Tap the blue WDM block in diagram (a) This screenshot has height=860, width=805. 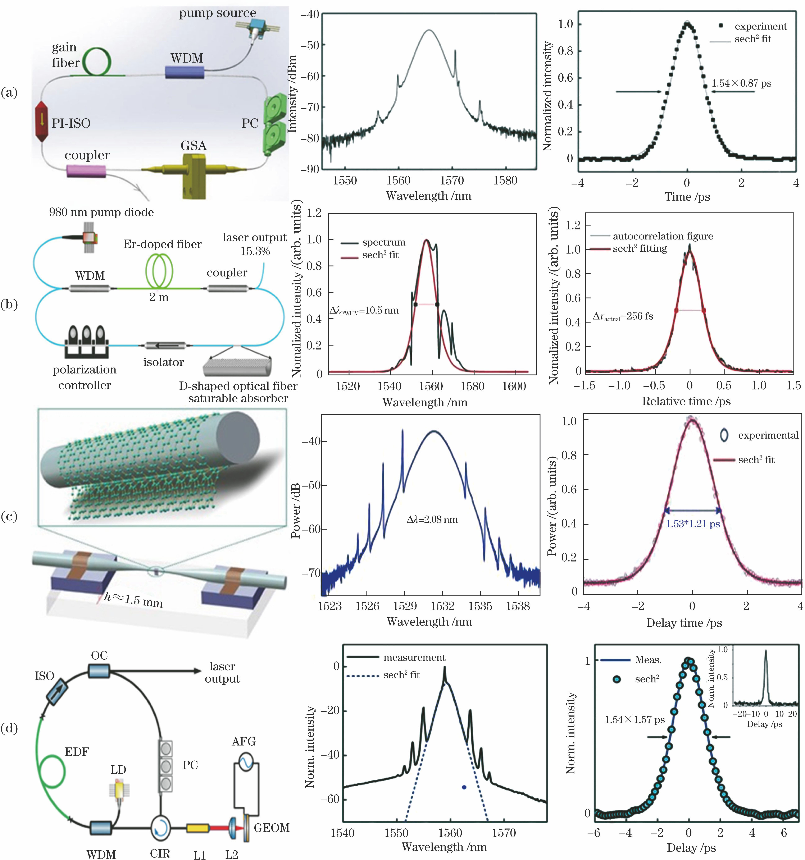tap(184, 72)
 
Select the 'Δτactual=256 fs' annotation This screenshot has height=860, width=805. tap(623, 316)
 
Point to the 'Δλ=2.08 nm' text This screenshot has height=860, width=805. tap(432, 520)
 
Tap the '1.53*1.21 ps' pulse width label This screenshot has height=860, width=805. tap(692, 524)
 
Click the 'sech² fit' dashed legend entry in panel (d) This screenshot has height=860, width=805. tap(383, 675)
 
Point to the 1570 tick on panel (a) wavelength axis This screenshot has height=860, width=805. tap(452, 180)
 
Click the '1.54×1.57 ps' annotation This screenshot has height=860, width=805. tap(635, 720)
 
